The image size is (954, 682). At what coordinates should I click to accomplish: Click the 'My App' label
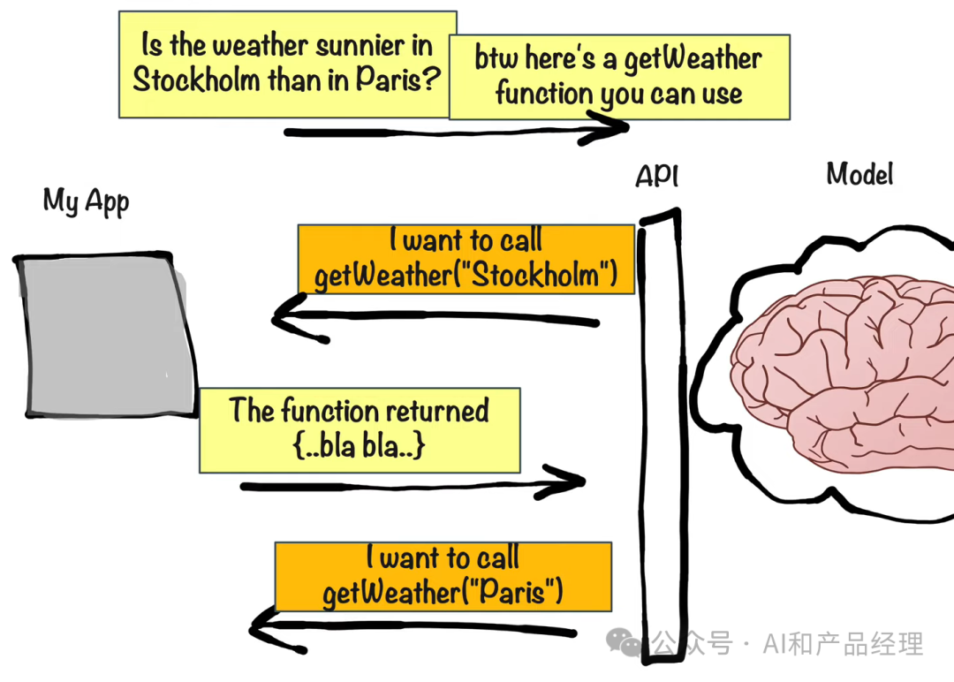click(86, 201)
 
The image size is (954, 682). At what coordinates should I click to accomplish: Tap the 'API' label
click(656, 176)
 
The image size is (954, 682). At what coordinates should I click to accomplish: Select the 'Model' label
click(859, 174)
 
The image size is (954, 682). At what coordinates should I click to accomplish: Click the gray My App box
click(106, 335)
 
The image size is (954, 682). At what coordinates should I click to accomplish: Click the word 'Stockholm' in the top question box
click(196, 80)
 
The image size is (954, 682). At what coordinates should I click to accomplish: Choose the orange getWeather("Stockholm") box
click(466, 259)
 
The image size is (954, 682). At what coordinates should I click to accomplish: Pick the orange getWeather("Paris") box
click(443, 577)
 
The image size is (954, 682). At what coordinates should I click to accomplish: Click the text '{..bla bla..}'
click(359, 446)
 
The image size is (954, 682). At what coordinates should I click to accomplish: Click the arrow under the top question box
click(457, 132)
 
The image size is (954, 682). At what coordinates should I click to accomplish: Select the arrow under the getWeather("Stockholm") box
click(435, 316)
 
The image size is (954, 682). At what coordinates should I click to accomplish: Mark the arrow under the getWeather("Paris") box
click(413, 628)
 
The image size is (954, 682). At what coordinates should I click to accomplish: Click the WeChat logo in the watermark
click(623, 642)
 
